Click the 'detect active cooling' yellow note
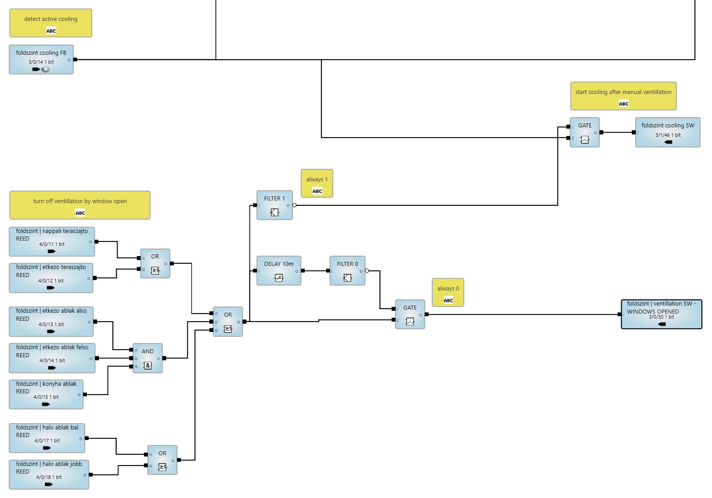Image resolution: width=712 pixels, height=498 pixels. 50,23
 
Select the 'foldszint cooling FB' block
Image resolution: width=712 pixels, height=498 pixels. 41,59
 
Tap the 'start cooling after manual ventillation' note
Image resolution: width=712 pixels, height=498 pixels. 623,96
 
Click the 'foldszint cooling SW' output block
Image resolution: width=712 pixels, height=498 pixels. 667,132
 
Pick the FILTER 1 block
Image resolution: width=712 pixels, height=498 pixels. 274,205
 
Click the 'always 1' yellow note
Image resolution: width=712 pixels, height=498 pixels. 317,183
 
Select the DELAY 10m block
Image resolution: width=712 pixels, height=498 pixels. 279,270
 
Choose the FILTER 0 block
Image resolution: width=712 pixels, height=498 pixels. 348,270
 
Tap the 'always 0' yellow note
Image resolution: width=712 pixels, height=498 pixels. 448,292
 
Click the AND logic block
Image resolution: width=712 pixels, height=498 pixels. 147,358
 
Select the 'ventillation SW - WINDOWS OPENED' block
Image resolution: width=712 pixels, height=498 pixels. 661,314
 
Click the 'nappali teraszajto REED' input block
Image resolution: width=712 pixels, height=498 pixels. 52,241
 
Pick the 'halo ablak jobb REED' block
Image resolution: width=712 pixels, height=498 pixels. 49,474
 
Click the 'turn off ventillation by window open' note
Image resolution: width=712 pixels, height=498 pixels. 80,205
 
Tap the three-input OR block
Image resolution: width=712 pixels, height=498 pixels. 228,322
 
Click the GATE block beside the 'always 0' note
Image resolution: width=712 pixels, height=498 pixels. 410,314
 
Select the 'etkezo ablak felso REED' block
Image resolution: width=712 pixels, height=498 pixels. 52,358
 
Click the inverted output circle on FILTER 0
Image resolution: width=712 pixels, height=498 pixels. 367,271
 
